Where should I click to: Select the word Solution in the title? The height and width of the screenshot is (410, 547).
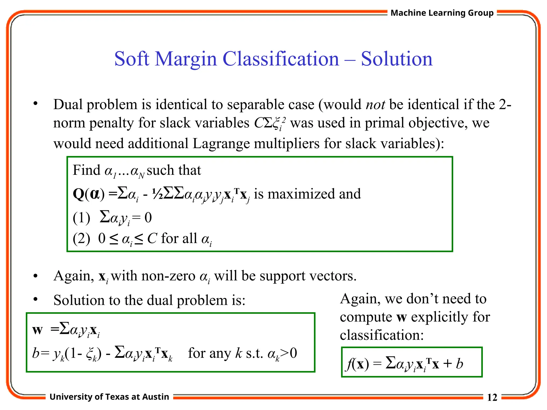point(397,59)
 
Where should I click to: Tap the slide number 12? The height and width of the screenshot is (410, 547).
point(492,397)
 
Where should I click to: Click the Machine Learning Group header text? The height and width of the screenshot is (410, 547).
point(442,13)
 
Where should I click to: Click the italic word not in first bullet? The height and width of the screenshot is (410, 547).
point(375,104)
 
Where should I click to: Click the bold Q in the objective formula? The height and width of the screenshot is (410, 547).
point(79,194)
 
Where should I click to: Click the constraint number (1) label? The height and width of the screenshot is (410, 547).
point(81,218)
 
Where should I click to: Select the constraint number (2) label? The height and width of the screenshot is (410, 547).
point(81,238)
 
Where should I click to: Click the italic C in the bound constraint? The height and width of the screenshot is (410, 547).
point(152,238)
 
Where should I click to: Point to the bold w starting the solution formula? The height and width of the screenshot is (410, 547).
point(37,330)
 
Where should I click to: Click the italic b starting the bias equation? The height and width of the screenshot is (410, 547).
point(36,353)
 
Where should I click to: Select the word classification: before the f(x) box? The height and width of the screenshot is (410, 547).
point(382,335)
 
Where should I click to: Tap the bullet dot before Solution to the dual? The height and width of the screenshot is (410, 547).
point(35,299)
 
